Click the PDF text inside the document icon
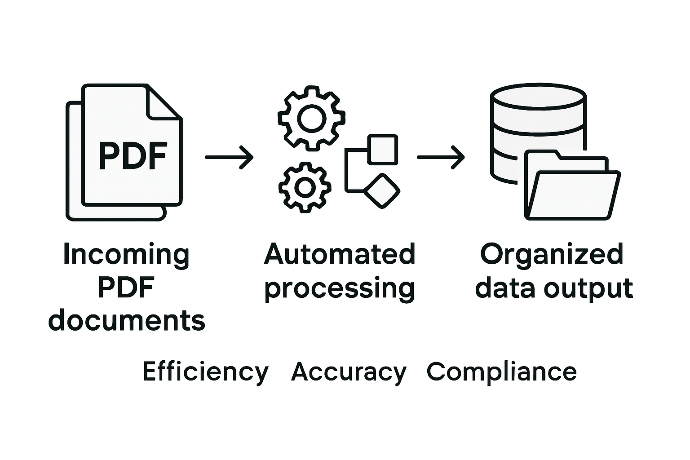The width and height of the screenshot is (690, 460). pos(133,156)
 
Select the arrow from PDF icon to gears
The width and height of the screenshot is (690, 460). pos(229,157)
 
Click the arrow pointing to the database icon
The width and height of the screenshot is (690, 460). pos(441,157)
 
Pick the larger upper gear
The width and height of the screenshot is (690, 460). pos(311,118)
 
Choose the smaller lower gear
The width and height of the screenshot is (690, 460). pos(305,187)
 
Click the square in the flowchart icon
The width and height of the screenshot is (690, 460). pos(382,149)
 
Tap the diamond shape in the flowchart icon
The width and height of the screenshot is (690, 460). pos(381,190)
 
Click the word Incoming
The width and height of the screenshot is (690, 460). pos(126,255)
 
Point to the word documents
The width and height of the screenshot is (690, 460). pos(127,321)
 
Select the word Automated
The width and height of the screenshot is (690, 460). pos(340,254)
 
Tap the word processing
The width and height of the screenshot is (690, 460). pos(340,288)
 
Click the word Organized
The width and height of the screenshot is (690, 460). pos(552,255)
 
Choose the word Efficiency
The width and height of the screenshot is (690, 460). pos(205,372)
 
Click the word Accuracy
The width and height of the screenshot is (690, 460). pos(349,372)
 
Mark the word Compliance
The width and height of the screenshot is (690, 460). pos(501,372)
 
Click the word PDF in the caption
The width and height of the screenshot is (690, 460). pos(126,287)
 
